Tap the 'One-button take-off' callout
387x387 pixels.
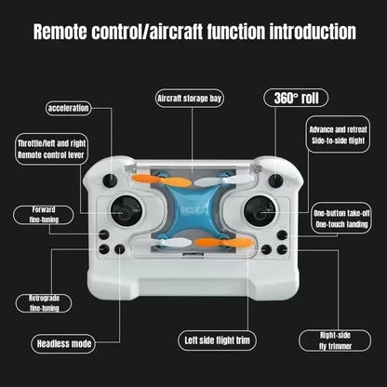coord(342,219)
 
